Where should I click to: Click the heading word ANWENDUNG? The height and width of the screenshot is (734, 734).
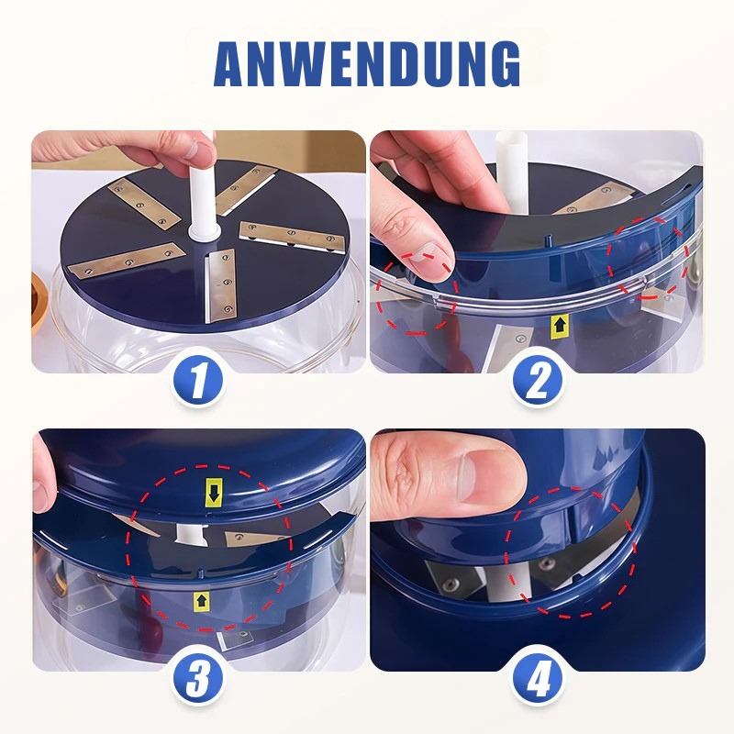tap(367, 62)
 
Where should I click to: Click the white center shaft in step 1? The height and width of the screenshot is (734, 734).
tap(201, 197)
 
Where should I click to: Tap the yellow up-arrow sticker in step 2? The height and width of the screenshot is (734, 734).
tap(559, 324)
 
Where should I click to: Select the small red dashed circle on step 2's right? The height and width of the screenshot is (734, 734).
tap(650, 259)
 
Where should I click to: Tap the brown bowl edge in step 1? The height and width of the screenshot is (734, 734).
tap(40, 303)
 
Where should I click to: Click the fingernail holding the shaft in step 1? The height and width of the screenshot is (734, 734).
tap(192, 150)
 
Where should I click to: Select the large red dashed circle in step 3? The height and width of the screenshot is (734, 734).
tap(211, 550)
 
